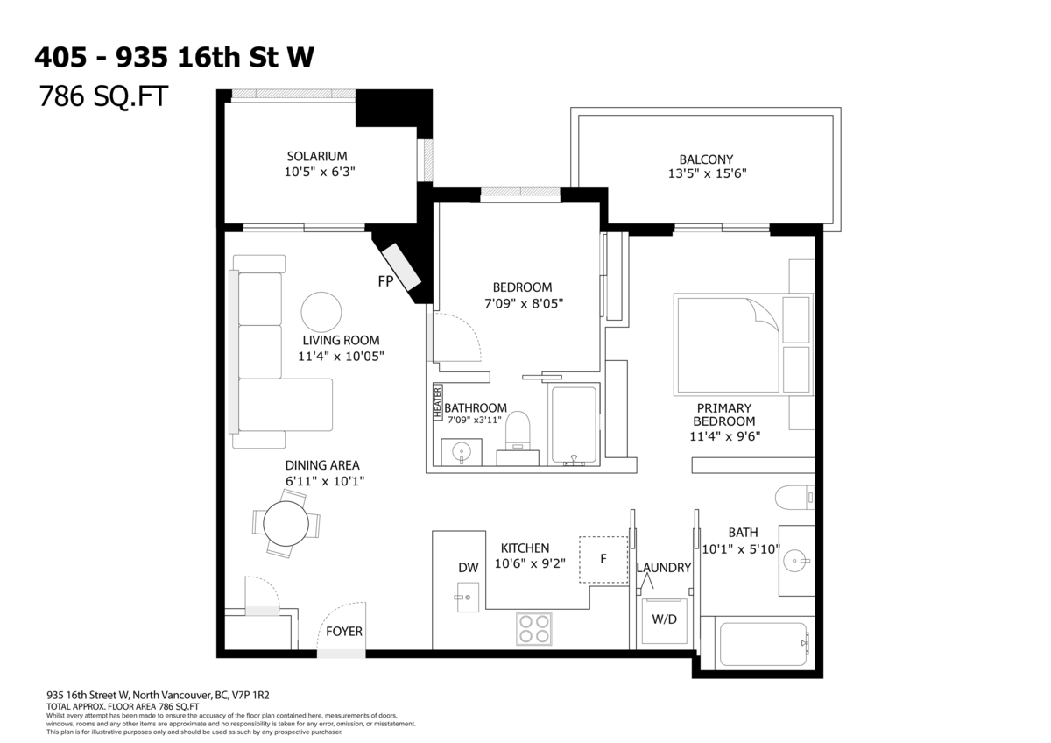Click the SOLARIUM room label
(x=320, y=156)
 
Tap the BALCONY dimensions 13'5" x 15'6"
(x=706, y=173)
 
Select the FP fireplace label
(x=384, y=281)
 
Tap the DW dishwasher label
(x=469, y=567)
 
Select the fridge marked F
(x=603, y=559)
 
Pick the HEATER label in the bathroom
(x=438, y=403)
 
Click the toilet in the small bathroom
(x=518, y=431)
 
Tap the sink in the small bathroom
(x=462, y=453)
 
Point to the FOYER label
(x=344, y=631)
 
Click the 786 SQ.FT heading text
(x=102, y=96)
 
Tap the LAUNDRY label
(x=664, y=567)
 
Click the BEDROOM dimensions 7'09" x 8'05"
(x=523, y=303)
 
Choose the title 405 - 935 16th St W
(x=173, y=57)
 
